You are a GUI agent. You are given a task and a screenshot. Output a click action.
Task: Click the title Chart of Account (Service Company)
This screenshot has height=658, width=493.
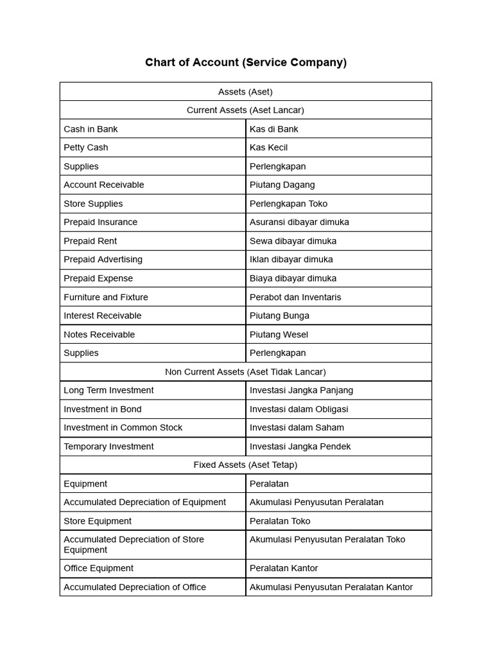[x=246, y=62]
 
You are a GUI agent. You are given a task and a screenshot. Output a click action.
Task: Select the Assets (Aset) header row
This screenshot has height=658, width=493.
[x=245, y=92]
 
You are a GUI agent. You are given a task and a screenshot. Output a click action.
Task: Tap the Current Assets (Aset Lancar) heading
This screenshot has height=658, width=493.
[x=245, y=111]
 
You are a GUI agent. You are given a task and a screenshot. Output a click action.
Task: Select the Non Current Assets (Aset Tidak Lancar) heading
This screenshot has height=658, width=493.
[x=245, y=372]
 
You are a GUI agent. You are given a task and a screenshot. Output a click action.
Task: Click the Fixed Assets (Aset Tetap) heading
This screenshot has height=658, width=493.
[x=245, y=465]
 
